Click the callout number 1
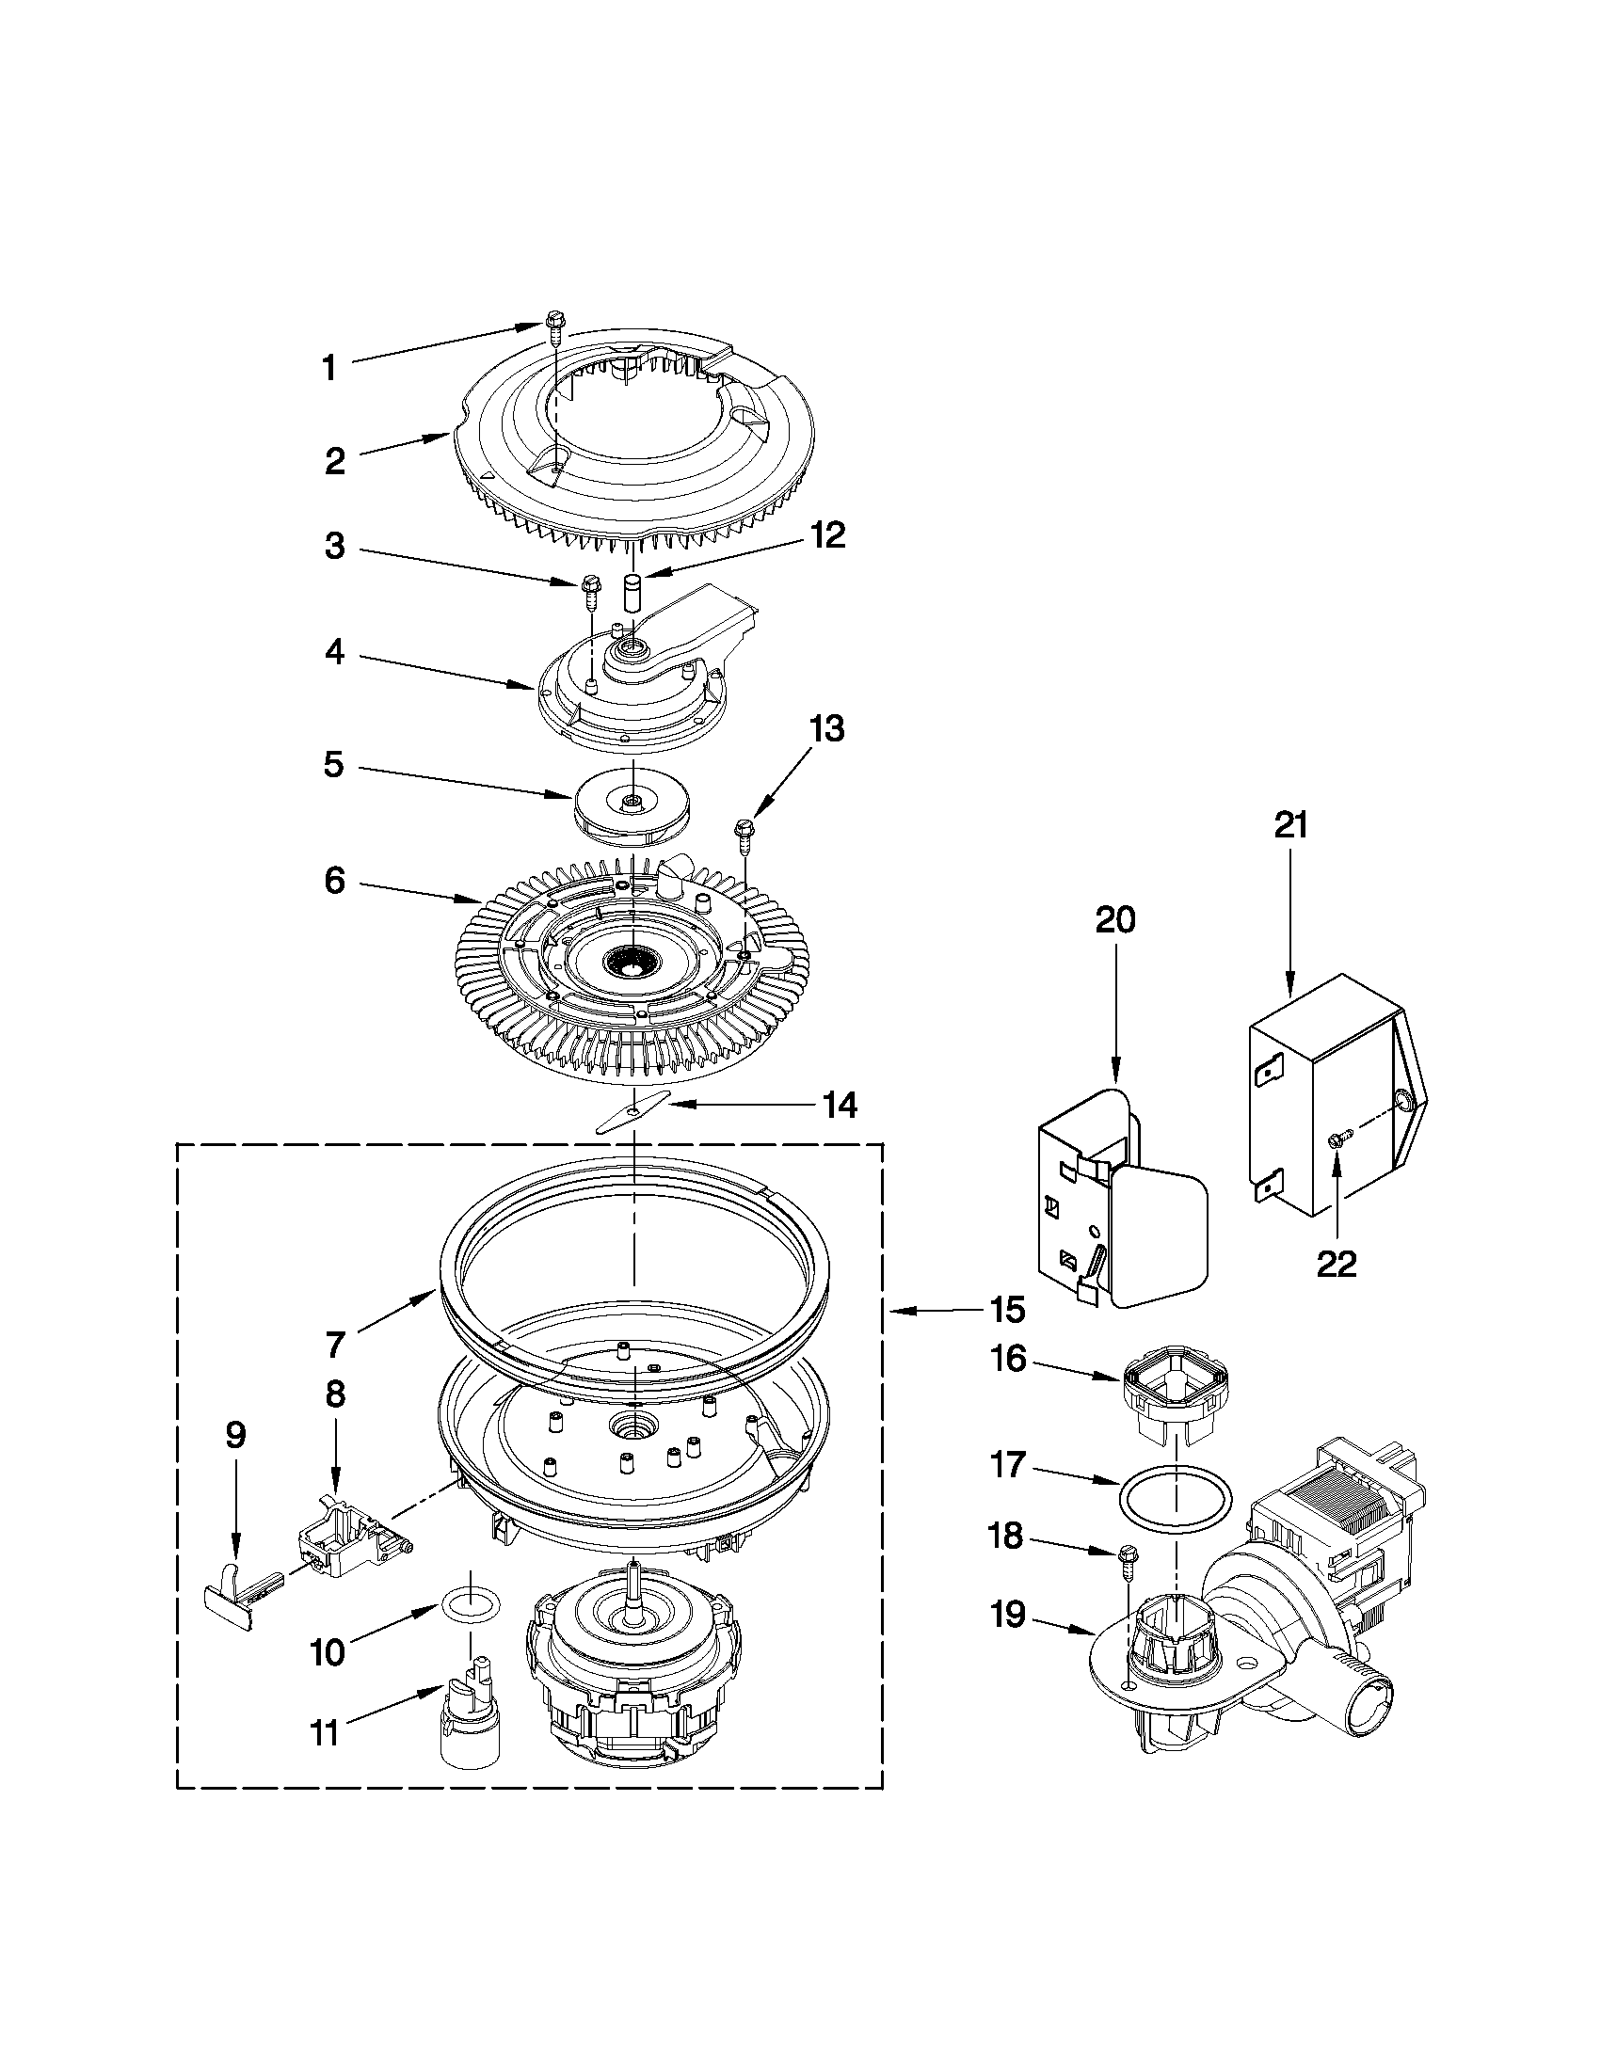click(328, 368)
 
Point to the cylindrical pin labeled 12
click(632, 594)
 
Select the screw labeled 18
click(1129, 1561)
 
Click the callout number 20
click(1115, 921)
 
